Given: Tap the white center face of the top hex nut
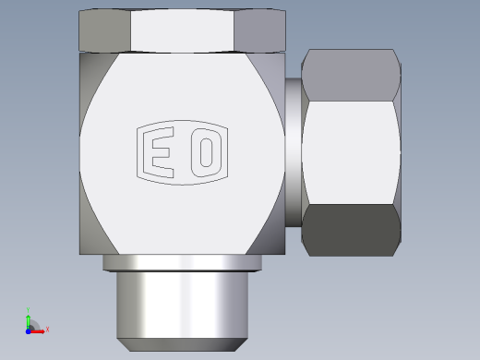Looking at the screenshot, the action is pyautogui.click(x=182, y=30).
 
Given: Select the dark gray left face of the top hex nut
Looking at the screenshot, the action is pyautogui.click(x=104, y=30).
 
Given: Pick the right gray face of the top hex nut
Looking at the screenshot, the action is pyautogui.click(x=260, y=30).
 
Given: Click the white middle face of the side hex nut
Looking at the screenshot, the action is pyautogui.click(x=351, y=152).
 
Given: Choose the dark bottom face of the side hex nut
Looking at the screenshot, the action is pyautogui.click(x=351, y=230).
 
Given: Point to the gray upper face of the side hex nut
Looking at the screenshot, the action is pyautogui.click(x=351, y=75).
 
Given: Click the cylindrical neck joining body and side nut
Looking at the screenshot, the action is pyautogui.click(x=294, y=152).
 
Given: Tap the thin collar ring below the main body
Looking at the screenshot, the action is pyautogui.click(x=182, y=263).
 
